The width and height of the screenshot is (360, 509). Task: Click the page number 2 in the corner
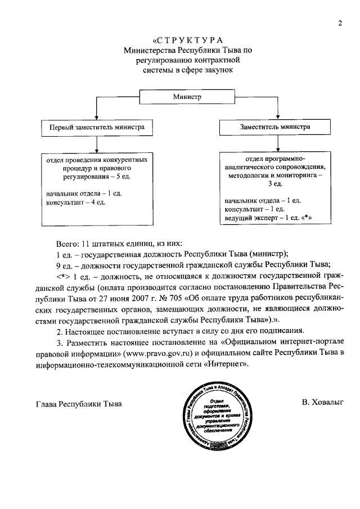(x=340, y=23)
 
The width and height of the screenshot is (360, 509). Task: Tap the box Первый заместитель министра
(x=98, y=127)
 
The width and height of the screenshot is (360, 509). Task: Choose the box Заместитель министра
(x=275, y=127)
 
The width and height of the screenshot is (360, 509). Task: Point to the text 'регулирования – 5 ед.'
(x=98, y=177)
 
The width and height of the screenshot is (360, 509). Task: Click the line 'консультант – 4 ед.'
(x=75, y=202)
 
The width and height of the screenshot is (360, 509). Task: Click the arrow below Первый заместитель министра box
(x=98, y=145)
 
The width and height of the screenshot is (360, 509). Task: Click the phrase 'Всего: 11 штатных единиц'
(x=103, y=243)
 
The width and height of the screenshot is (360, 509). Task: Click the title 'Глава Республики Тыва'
(x=78, y=404)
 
